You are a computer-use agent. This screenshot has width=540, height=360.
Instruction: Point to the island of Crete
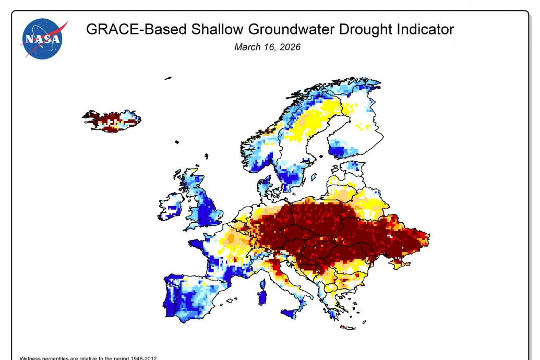pyautogui.click(x=347, y=328)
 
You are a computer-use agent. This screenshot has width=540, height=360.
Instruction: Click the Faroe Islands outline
pyautogui.click(x=177, y=141)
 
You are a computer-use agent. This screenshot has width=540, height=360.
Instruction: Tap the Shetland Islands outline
pyautogui.click(x=207, y=156)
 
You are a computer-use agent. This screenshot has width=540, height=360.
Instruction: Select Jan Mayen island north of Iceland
pyautogui.click(x=168, y=78)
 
